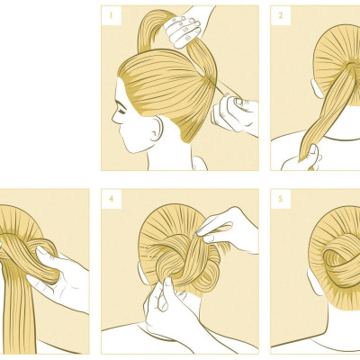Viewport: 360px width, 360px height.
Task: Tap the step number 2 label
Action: [281, 15]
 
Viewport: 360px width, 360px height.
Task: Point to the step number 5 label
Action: [281, 198]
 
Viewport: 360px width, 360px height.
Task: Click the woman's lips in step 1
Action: [120, 129]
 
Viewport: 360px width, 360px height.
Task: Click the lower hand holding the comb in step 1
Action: [235, 114]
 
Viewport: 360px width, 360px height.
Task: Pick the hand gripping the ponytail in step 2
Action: [301, 159]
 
